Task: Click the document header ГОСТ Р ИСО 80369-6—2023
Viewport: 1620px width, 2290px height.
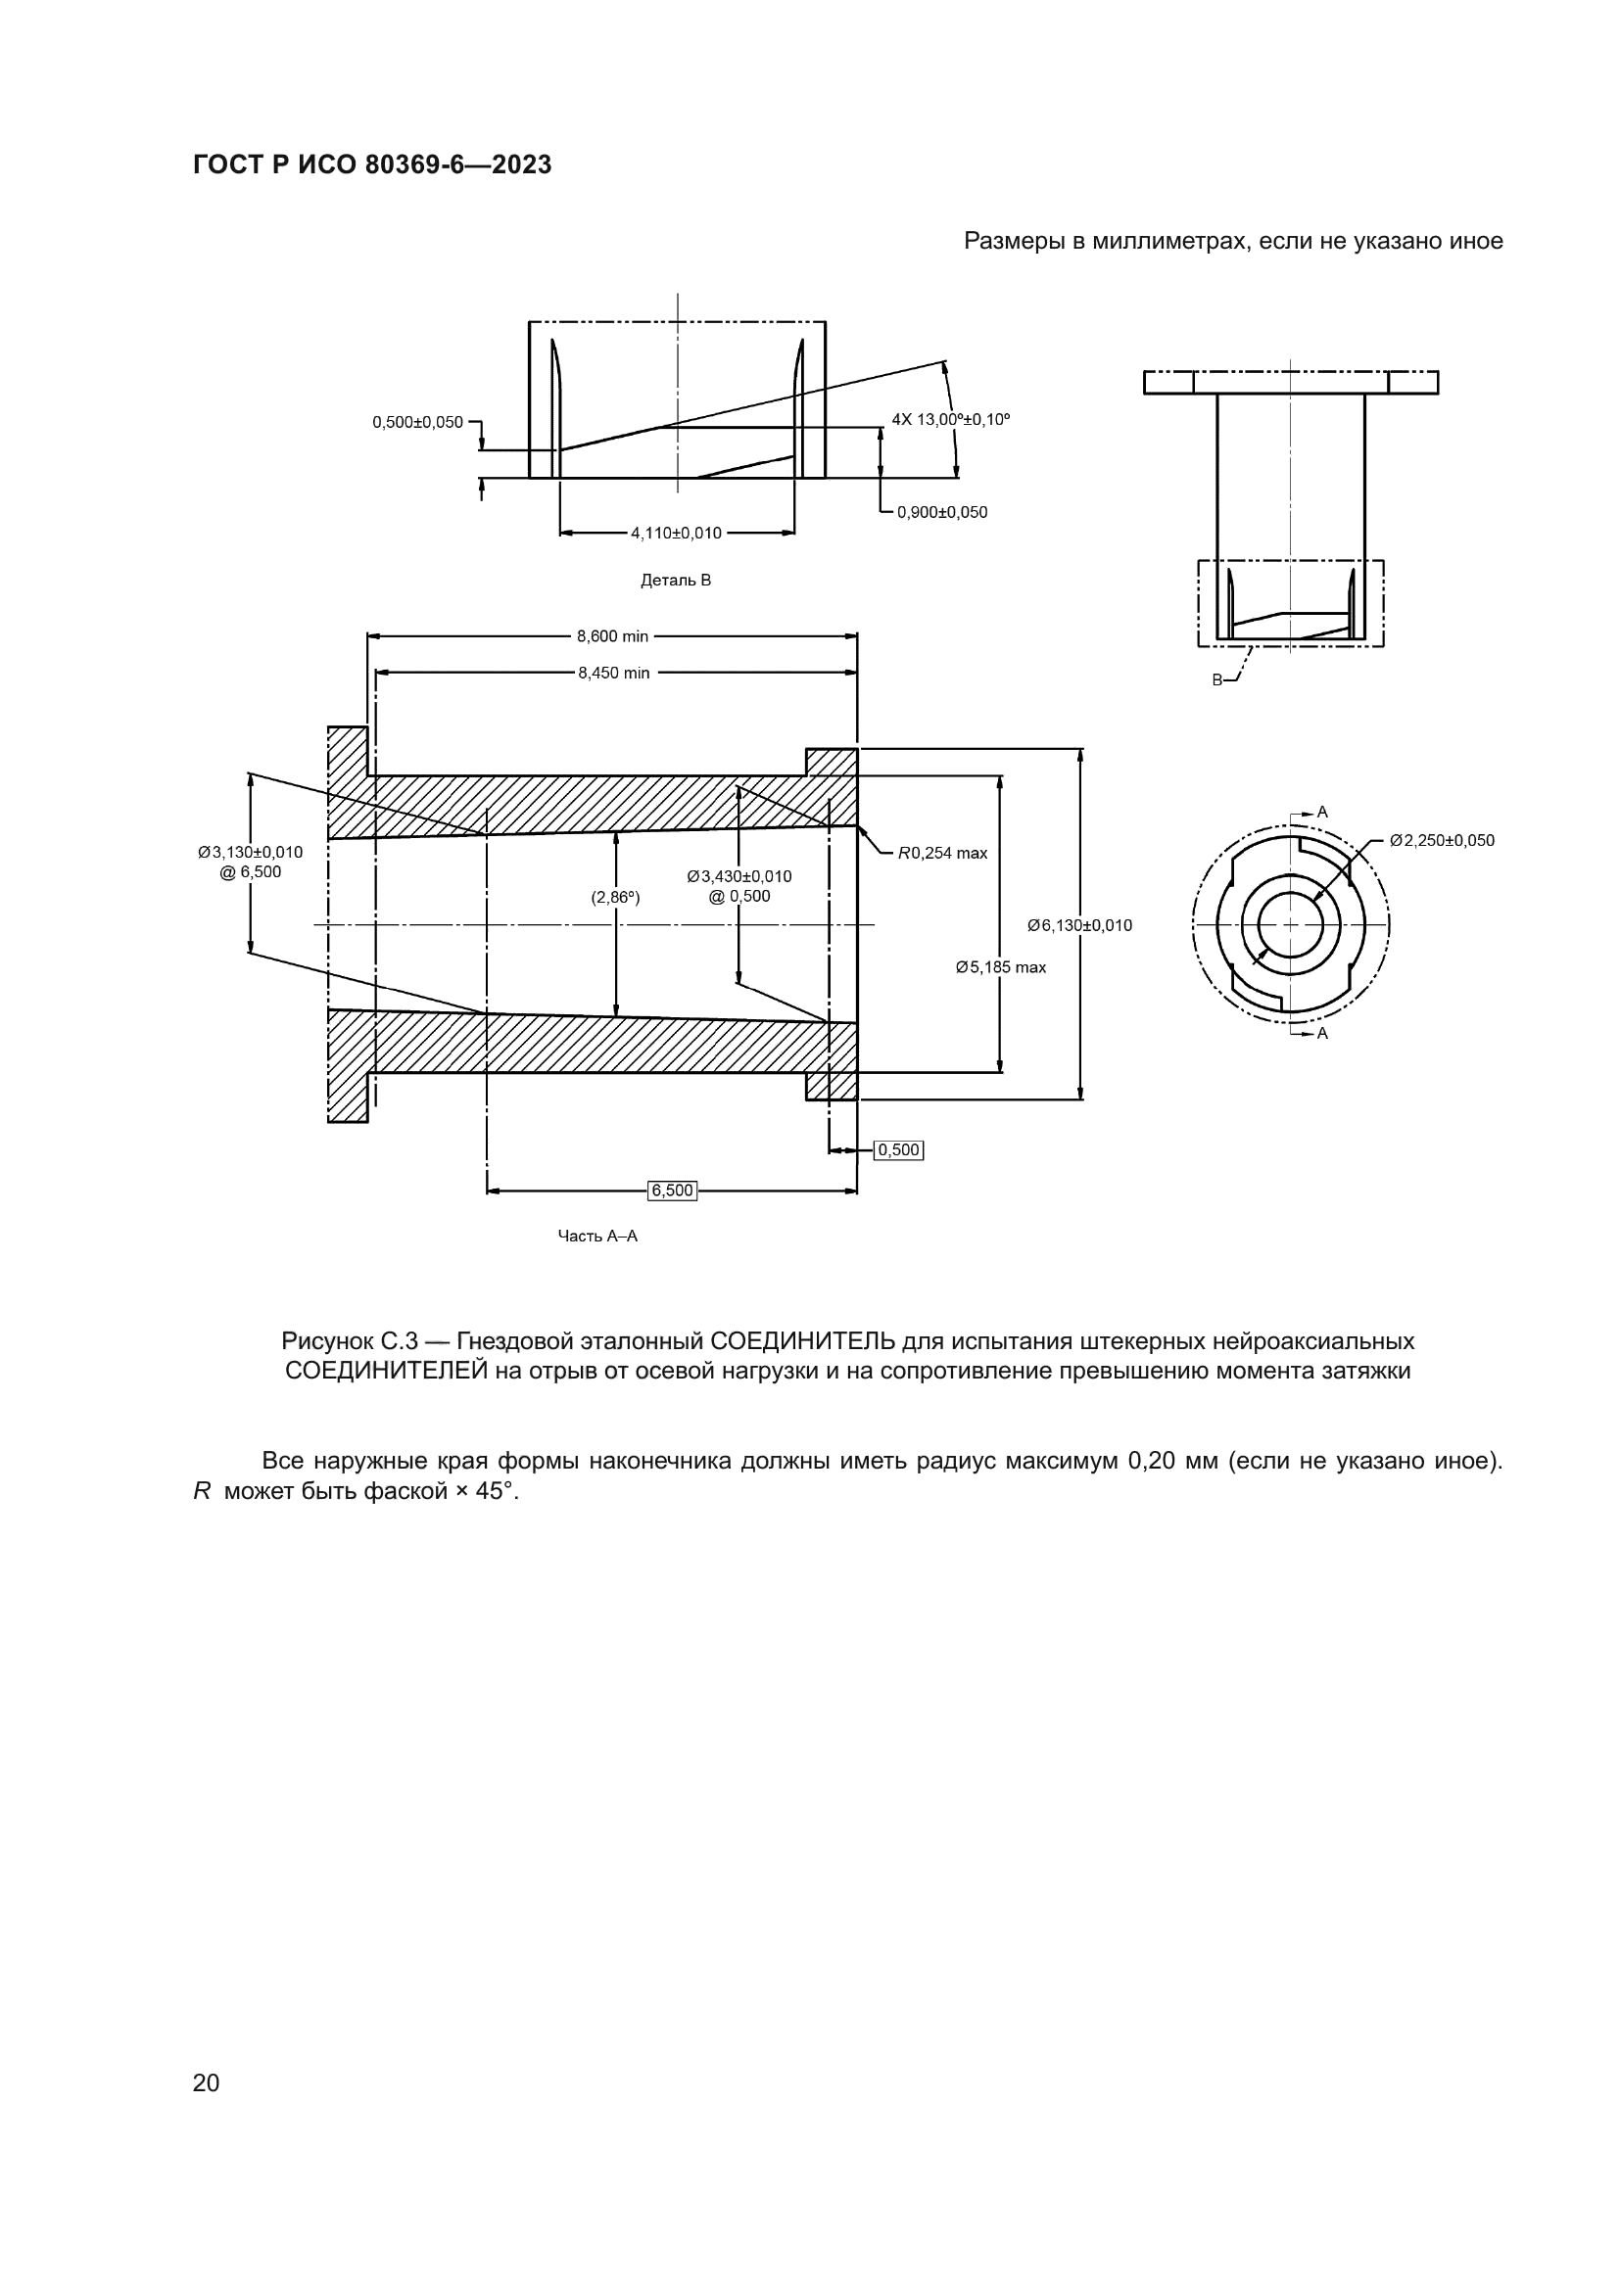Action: point(371,165)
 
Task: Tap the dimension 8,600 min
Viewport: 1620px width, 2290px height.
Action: point(612,636)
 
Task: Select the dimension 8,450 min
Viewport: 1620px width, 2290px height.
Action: point(613,674)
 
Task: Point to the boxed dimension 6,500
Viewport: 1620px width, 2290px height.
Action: point(671,1190)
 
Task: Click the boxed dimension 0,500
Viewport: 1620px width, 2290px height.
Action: point(898,1150)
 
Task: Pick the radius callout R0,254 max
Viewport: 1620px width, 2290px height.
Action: point(942,853)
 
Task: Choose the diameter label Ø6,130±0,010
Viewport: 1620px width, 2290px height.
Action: point(1079,925)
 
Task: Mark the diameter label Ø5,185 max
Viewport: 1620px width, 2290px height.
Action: point(1001,967)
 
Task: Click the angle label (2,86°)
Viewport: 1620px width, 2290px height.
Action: point(615,898)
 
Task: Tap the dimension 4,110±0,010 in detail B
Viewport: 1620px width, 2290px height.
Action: point(676,534)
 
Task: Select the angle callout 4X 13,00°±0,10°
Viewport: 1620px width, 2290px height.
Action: point(950,420)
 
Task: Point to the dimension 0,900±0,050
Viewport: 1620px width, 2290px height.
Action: point(941,513)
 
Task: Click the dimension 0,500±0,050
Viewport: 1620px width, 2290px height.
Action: point(418,423)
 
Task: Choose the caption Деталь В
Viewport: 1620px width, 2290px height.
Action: point(676,581)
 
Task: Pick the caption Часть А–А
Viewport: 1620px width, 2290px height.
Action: point(597,1237)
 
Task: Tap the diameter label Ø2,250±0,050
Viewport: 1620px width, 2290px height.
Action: point(1442,841)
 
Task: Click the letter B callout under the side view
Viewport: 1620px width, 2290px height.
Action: point(1217,679)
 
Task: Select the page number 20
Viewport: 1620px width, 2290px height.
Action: point(206,2082)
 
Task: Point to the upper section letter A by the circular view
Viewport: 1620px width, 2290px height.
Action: point(1322,813)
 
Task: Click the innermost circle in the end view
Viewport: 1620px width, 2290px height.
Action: point(1291,924)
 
